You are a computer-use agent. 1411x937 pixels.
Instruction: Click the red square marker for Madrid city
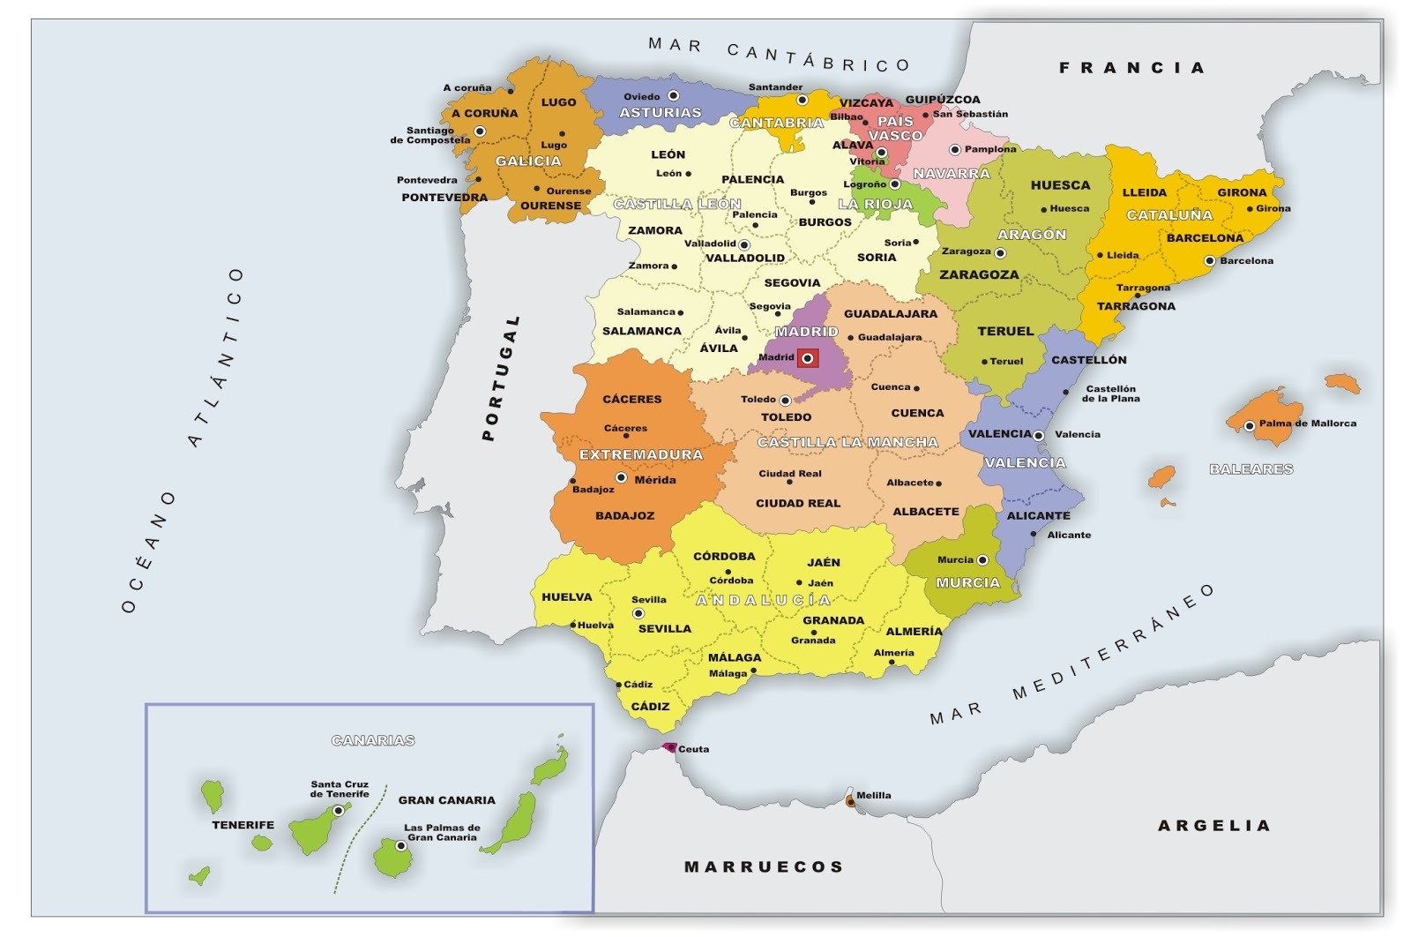click(x=807, y=358)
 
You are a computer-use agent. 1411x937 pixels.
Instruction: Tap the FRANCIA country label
click(x=1131, y=67)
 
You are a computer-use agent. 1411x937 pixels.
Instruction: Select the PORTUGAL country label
click(x=500, y=379)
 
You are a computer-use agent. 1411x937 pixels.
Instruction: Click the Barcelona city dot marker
click(x=1210, y=260)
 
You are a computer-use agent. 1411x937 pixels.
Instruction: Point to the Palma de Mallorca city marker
click(x=1250, y=426)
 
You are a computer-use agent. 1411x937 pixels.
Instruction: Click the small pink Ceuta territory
click(x=668, y=747)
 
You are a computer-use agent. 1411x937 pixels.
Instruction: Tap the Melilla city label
click(x=873, y=795)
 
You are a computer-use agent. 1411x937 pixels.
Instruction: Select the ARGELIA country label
click(x=1213, y=826)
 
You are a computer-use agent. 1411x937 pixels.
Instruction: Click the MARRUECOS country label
click(x=764, y=866)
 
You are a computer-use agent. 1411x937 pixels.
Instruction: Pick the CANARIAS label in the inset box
click(x=372, y=740)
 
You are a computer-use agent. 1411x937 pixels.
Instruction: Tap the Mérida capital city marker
click(x=621, y=477)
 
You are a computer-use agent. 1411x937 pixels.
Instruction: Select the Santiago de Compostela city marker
click(x=480, y=131)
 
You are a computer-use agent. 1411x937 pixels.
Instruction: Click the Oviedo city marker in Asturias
click(x=673, y=95)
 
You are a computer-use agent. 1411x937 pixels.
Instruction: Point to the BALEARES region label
click(x=1250, y=468)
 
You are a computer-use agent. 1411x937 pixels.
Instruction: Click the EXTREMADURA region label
click(x=640, y=454)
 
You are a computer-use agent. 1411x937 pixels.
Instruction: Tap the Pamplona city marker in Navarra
click(x=954, y=150)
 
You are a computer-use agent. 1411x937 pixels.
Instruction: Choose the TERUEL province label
click(x=1004, y=331)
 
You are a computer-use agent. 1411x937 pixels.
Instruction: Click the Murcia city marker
click(x=982, y=559)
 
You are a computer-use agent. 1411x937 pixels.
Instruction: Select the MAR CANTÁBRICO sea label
click(x=779, y=54)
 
